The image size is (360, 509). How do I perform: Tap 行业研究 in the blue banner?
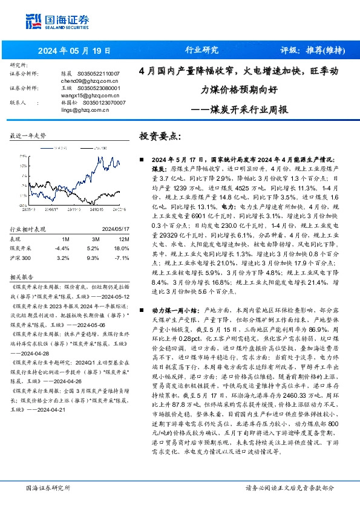pyautogui.click(x=201, y=50)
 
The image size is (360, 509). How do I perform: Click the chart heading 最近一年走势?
pyautogui.click(x=28, y=137)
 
